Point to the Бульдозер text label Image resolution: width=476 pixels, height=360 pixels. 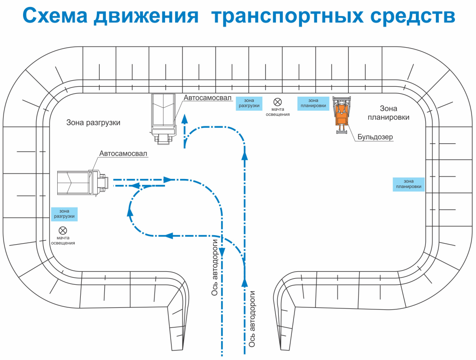(x=375, y=136)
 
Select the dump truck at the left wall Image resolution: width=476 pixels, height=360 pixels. (x=82, y=182)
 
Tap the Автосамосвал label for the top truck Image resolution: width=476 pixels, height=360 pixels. (x=208, y=99)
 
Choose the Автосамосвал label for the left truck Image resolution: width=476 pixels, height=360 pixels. (x=123, y=154)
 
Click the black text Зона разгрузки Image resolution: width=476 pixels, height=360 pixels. (x=93, y=122)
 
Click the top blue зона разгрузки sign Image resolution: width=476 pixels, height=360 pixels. (x=249, y=103)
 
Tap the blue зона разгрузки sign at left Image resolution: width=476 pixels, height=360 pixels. (x=64, y=214)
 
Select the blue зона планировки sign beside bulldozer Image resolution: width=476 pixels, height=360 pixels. (x=313, y=103)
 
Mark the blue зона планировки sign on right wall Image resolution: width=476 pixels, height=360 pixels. (x=409, y=184)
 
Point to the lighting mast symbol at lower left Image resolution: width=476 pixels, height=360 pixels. (x=63, y=231)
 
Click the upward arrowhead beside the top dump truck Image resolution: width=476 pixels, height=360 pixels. (x=185, y=118)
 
